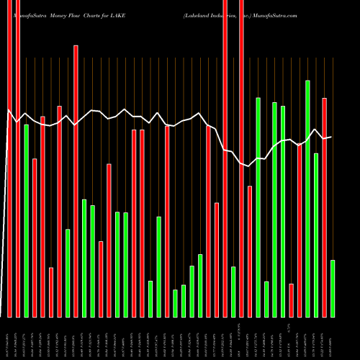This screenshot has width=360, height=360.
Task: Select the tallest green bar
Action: (307, 198)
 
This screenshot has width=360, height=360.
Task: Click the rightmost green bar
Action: (332, 288)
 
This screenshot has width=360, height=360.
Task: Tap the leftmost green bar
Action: (27, 220)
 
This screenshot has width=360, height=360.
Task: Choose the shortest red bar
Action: (291, 300)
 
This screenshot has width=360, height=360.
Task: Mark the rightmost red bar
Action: (324, 207)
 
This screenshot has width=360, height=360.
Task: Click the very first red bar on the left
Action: (10, 158)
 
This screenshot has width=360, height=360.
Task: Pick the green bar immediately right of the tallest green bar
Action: (315, 235)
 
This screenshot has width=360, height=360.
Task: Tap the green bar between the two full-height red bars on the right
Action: (233, 292)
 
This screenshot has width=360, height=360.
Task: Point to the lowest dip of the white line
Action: (249, 167)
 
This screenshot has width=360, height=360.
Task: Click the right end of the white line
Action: (331, 137)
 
